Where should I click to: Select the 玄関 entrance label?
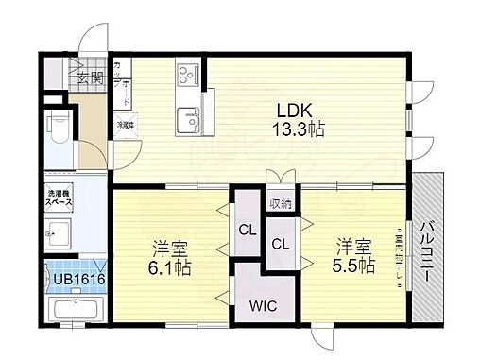tap(91, 77)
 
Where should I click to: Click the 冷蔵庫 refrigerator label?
tap(124, 124)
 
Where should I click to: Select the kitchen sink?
tap(184, 117)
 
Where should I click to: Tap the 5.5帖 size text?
tap(351, 266)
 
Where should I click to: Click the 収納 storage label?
tap(280, 203)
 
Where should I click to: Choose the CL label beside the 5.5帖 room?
tap(281, 244)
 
